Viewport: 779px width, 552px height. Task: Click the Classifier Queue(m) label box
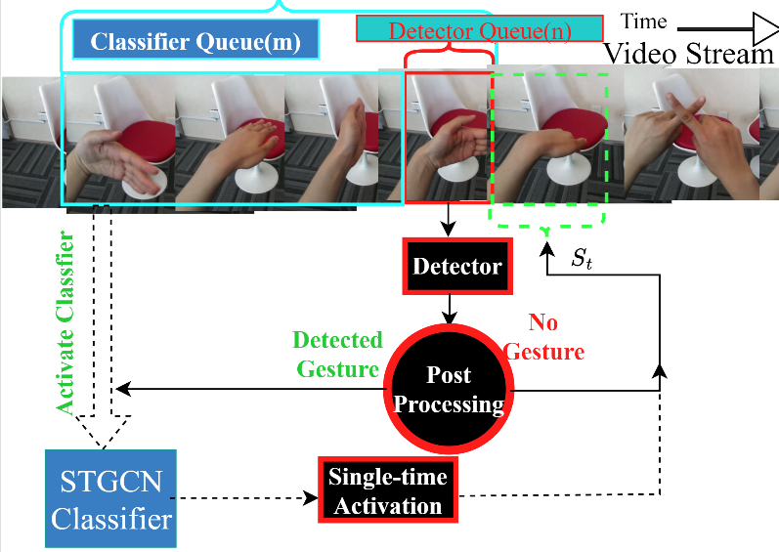tap(195, 42)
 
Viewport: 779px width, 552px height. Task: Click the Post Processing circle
tap(449, 389)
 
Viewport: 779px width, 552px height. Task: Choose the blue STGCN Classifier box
tap(109, 498)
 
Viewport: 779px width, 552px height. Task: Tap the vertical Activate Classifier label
tap(66, 322)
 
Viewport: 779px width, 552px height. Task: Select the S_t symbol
tap(581, 260)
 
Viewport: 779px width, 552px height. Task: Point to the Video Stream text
tap(689, 53)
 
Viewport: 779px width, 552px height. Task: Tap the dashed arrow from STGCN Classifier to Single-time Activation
tap(249, 499)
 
